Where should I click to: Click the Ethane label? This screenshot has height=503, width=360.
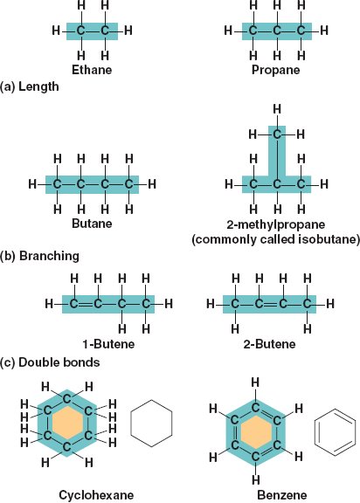coord(92,70)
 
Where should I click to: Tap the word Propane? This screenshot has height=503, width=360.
coord(275,70)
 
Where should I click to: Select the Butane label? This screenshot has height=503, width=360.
coord(92,224)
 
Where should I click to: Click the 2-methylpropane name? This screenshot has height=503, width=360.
coord(275,224)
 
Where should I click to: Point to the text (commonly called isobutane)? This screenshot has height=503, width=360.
coord(275,239)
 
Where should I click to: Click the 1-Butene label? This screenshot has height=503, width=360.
coord(108,344)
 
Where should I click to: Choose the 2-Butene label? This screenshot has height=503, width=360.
coord(269,344)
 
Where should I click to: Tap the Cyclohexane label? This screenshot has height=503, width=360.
coord(96,495)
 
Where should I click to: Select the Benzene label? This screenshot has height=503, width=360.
coord(281,495)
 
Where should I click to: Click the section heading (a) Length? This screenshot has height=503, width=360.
coord(30,86)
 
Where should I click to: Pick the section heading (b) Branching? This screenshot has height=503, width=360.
coord(39,256)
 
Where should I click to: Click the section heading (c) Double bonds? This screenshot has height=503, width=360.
coord(50,362)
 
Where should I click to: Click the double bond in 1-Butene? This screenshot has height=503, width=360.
coord(86,304)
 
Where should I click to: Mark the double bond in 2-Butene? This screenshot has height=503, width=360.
coord(271,304)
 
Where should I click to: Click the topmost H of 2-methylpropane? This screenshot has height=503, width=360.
coord(277,109)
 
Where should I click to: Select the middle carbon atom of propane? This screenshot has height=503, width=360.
coord(277,31)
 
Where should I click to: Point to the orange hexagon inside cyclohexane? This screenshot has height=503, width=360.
coord(67,424)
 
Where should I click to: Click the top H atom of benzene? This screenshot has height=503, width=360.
coord(255,382)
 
